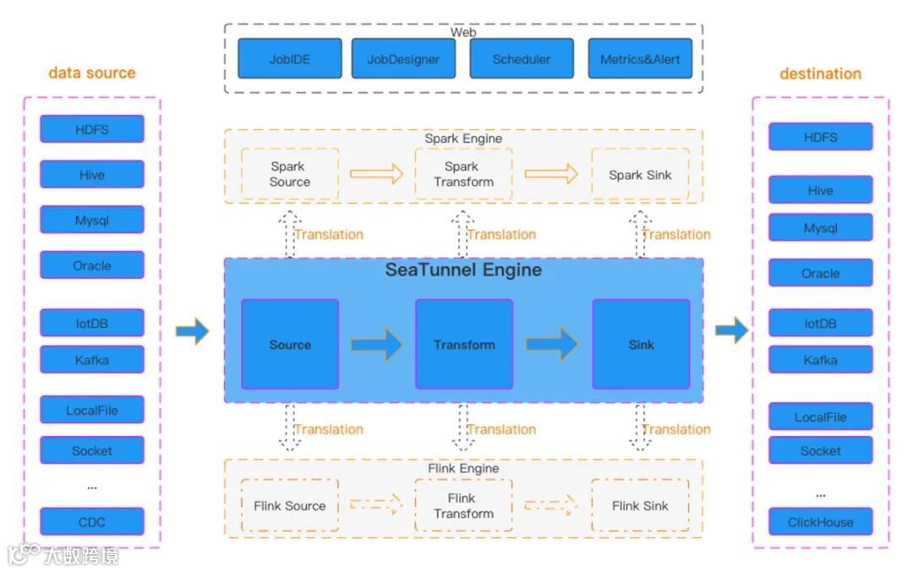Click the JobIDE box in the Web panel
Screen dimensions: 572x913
click(x=289, y=59)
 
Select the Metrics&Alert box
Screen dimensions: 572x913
click(x=640, y=59)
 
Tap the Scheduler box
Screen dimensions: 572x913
click(x=521, y=59)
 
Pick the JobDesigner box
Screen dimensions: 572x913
click(x=403, y=59)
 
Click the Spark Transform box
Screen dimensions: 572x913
click(x=463, y=174)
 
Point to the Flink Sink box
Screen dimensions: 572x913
click(x=640, y=505)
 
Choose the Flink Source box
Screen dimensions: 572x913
click(x=289, y=505)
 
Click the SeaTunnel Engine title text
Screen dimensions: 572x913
click(x=463, y=270)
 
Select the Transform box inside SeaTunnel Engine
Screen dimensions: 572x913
click(x=463, y=344)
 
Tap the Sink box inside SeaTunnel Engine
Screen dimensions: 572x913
click(x=641, y=344)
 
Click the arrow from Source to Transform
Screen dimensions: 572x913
click(x=377, y=344)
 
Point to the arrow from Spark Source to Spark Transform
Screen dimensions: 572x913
click(x=377, y=174)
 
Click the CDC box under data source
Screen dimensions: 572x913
click(x=91, y=521)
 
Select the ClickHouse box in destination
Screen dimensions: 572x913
click(x=820, y=521)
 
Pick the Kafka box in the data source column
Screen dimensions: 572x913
click(x=91, y=360)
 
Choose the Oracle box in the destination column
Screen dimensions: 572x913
click(x=820, y=273)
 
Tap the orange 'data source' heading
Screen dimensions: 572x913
click(x=91, y=73)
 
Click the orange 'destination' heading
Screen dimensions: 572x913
click(x=820, y=74)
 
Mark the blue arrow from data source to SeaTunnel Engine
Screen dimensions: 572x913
click(x=192, y=331)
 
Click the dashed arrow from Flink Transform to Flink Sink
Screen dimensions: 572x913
click(x=551, y=505)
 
